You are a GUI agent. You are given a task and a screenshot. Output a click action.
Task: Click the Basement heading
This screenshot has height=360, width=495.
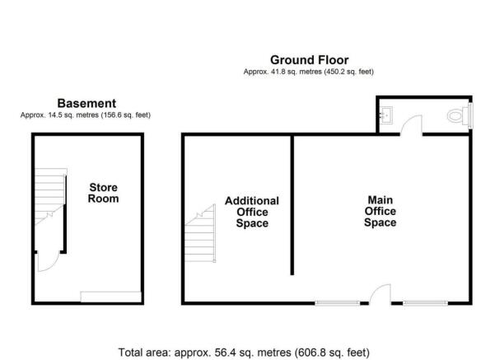click(86, 103)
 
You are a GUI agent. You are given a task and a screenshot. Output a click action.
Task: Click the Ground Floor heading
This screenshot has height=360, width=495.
click(310, 60)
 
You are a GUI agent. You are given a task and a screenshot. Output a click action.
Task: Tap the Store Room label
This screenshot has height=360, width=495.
click(103, 193)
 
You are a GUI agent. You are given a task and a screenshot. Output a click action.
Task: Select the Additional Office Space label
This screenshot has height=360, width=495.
click(252, 212)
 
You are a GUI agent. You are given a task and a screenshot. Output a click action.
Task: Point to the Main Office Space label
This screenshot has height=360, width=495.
click(380, 211)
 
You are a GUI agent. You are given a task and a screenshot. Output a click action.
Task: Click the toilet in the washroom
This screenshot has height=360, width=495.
click(458, 116)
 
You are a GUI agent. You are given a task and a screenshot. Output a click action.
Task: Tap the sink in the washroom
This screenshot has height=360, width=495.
click(386, 115)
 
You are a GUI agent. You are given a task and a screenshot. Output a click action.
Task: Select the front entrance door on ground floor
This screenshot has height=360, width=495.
click(380, 294)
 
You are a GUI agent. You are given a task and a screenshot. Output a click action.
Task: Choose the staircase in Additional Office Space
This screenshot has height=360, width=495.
click(200, 233)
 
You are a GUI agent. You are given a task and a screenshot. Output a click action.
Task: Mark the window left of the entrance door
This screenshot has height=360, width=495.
click(337, 303)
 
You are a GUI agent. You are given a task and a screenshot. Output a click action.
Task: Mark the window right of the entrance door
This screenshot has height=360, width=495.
click(425, 303)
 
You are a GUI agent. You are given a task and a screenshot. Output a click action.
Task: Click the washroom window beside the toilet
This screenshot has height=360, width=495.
click(470, 115)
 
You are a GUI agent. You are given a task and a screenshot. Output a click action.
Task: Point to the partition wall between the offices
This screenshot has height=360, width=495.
click(292, 205)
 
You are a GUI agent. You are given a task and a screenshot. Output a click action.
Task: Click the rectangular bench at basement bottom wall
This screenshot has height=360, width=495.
click(111, 297)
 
